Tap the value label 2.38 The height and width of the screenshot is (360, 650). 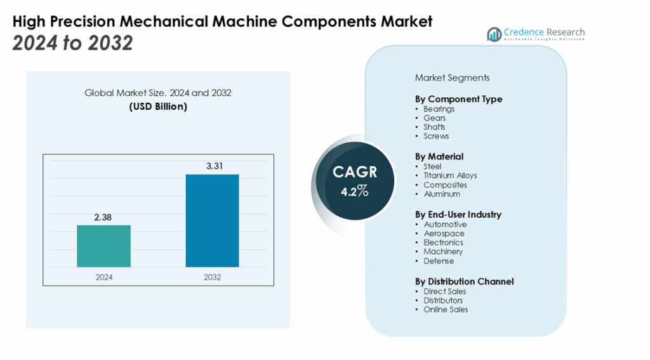coord(103,217)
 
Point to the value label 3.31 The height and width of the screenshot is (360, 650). coord(212,166)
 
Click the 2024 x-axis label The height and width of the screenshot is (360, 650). coord(103,277)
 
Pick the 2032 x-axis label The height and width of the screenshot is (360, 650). coord(212,277)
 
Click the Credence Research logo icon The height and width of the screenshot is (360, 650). coord(494,34)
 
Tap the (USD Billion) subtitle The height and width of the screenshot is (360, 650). coord(158,107)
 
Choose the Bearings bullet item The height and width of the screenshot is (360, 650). coord(439,109)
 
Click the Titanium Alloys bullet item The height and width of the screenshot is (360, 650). coord(450,175)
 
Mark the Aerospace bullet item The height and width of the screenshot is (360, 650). coord(444,233)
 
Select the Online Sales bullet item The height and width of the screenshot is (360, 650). coord(446,309)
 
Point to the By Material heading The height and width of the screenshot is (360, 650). coord(439,156)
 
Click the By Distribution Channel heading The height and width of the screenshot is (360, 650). coord(464,281)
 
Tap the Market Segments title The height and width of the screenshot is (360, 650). coord(452,77)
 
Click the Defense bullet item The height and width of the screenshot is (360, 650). coord(439,261)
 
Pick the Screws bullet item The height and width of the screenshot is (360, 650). coord(436,136)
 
